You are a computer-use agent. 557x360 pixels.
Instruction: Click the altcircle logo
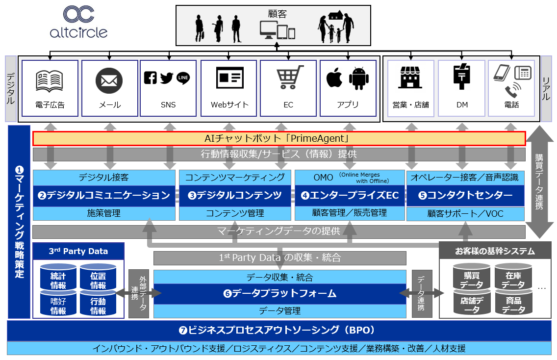(78, 22)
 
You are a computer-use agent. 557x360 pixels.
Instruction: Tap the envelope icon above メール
(109, 80)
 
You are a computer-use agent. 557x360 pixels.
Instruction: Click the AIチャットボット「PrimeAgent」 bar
(278, 139)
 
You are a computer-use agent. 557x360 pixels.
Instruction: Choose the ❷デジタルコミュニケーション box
(104, 195)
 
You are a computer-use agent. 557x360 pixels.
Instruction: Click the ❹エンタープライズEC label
(350, 195)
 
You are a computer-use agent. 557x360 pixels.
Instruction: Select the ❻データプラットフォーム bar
(279, 294)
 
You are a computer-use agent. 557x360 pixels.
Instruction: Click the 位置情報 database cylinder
(98, 279)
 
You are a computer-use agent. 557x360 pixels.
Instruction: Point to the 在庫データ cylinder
(513, 279)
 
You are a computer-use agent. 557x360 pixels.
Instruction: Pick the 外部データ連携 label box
(138, 293)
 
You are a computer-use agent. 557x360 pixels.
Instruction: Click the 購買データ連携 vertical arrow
(538, 181)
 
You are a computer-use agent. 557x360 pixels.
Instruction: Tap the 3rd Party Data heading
(78, 251)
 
